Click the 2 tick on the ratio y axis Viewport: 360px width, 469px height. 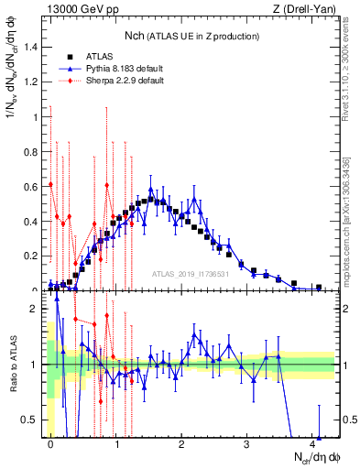pos(34,309)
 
